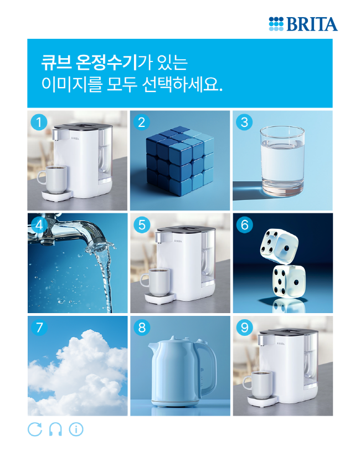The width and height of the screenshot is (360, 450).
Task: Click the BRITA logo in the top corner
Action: [x=303, y=24]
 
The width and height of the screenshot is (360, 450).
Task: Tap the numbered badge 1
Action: [x=39, y=122]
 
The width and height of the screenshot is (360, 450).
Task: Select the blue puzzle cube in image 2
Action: [x=180, y=161]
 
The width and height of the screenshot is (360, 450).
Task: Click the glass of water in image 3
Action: [x=282, y=161]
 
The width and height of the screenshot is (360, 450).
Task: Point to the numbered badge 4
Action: [x=39, y=224]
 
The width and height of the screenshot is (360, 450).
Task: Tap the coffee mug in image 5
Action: [x=156, y=283]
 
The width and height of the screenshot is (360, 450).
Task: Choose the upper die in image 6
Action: [x=279, y=246]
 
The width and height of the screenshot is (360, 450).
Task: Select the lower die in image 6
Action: [x=289, y=282]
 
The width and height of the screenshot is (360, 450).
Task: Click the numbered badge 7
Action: [x=39, y=328]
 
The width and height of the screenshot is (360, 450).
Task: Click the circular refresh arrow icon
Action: [x=35, y=429]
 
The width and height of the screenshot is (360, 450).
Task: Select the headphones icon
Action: [x=55, y=429]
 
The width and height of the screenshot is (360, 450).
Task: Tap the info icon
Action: [x=76, y=429]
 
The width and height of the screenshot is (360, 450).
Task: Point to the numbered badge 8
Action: [x=142, y=328]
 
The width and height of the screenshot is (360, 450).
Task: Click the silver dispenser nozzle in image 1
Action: [x=56, y=135]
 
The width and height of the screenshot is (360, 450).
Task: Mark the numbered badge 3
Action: [x=244, y=122]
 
